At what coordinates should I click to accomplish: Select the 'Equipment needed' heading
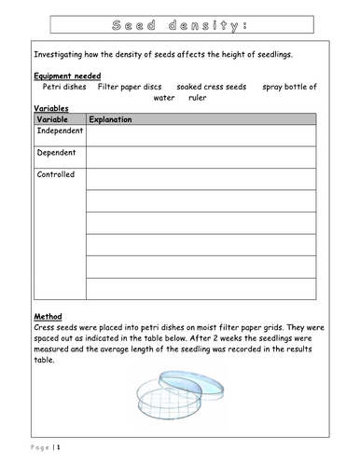(67, 75)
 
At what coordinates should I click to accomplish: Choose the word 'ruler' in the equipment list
(197, 97)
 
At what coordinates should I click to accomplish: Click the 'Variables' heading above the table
(50, 108)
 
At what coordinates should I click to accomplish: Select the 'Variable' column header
(55, 119)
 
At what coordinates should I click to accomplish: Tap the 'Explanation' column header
(110, 119)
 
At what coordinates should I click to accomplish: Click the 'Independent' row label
(59, 131)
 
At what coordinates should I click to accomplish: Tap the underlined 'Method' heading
(47, 316)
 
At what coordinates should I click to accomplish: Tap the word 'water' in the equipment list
(164, 97)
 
